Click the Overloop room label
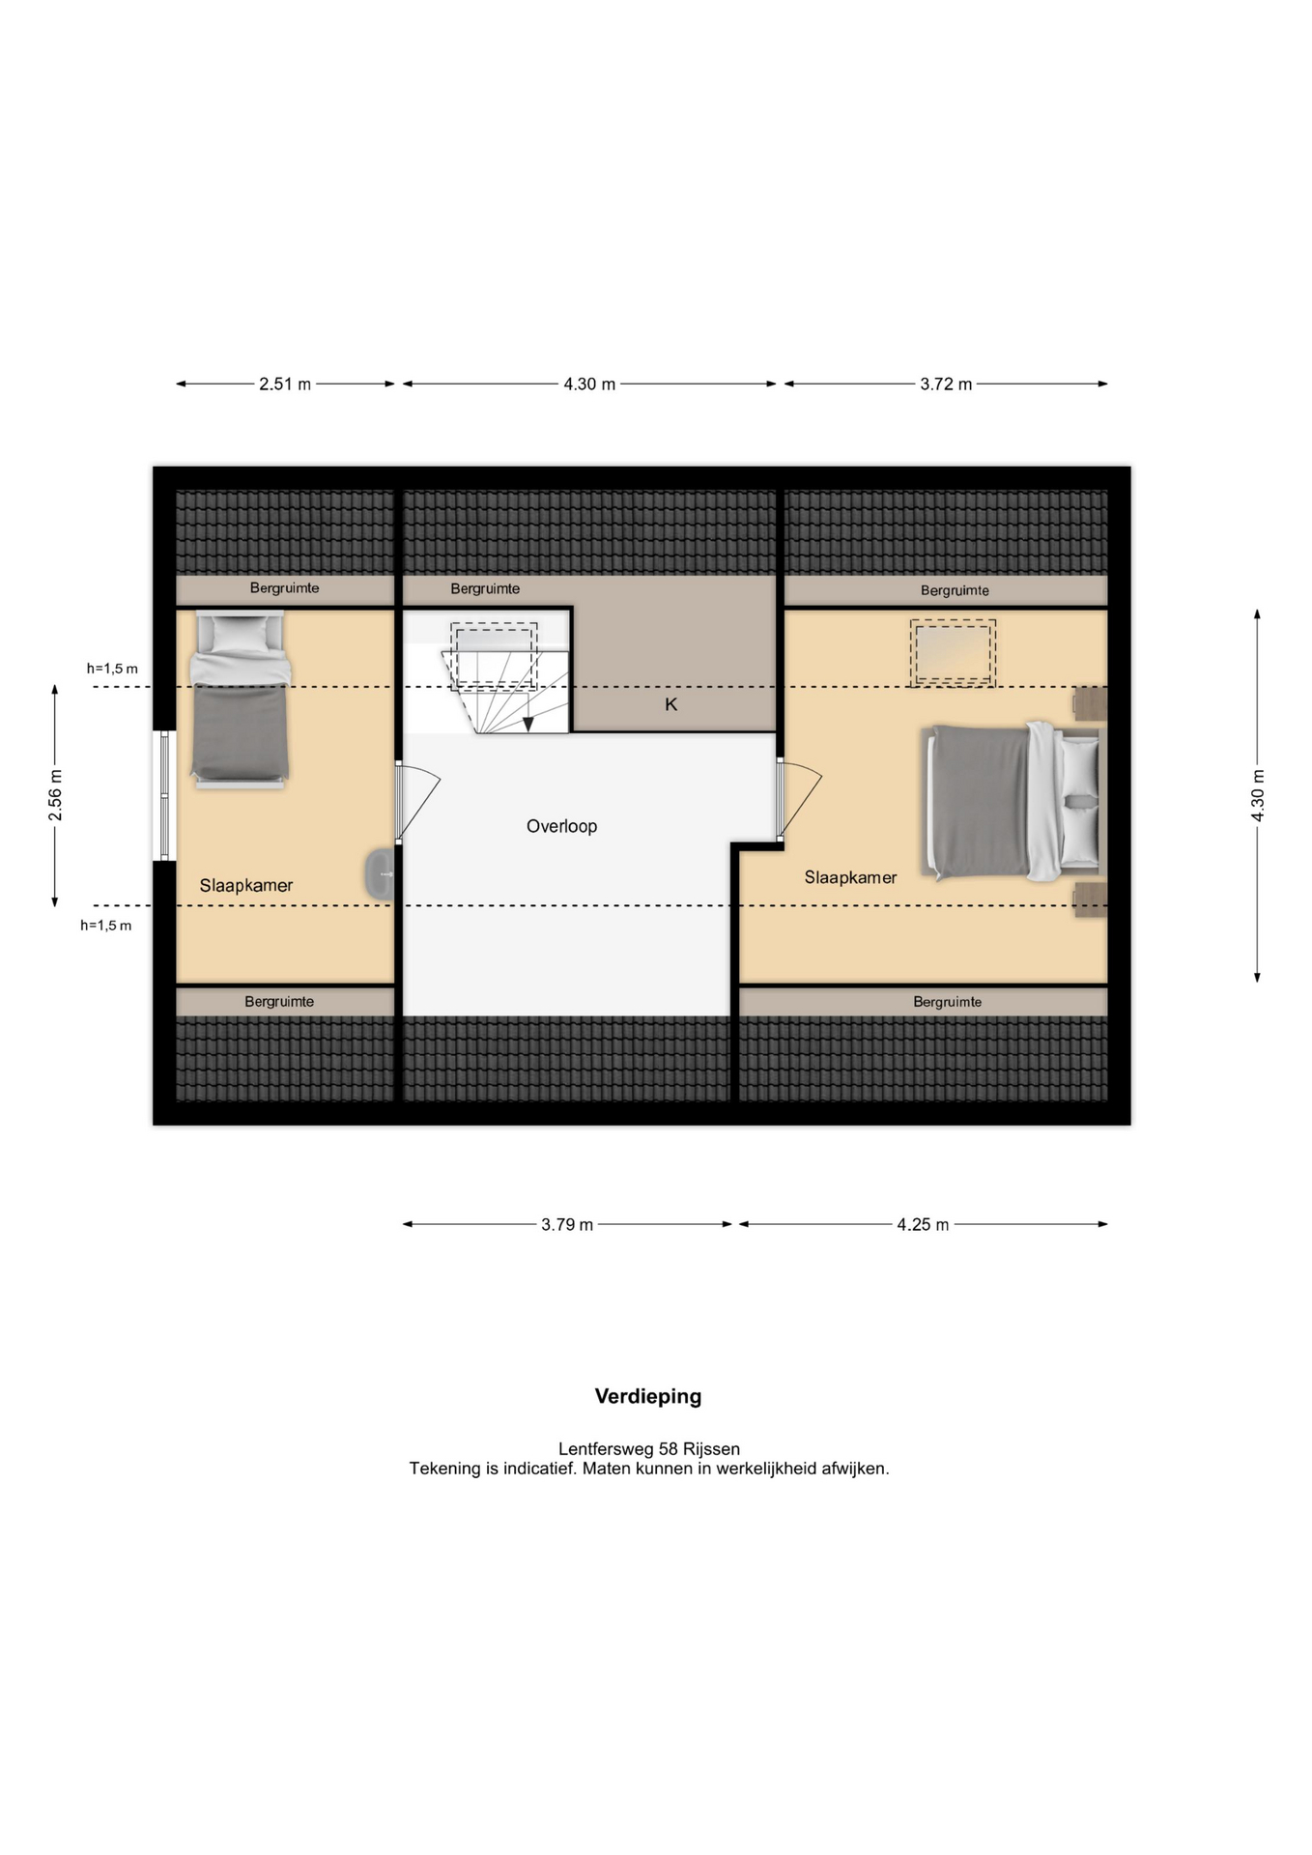561,826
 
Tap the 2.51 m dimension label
285,384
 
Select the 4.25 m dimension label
923,1224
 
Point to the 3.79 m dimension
567,1224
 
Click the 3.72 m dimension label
946,384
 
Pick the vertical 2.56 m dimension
55,795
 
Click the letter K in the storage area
671,704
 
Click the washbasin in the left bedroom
380,874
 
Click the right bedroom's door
798,798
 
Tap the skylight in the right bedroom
953,654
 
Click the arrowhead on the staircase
528,725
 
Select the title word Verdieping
648,1396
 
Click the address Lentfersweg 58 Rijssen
649,1448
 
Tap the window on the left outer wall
163,795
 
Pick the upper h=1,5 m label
112,669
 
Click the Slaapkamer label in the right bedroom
850,877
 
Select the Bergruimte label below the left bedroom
279,1002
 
